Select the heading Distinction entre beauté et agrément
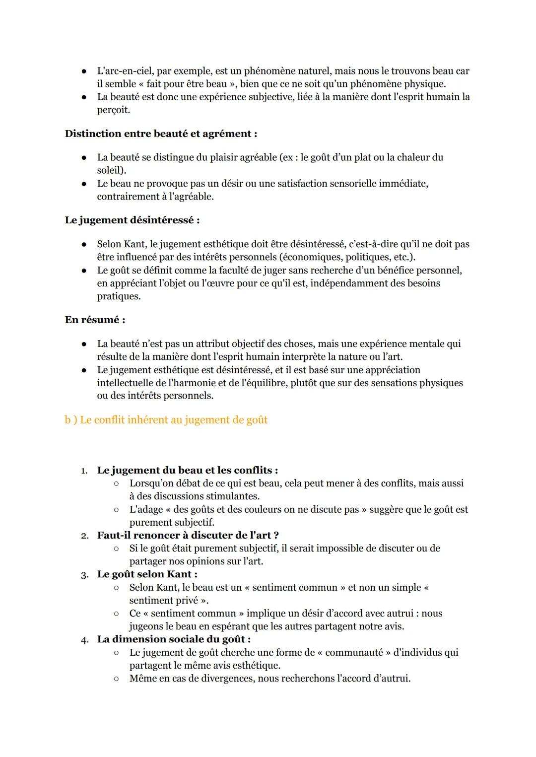click(x=161, y=134)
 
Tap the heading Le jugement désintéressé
click(x=132, y=220)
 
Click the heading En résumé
click(x=95, y=320)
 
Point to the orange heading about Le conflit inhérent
click(x=166, y=420)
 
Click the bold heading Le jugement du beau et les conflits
click(x=187, y=470)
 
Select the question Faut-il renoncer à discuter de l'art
click(x=188, y=535)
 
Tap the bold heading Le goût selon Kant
click(x=147, y=574)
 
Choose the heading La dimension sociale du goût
click(x=174, y=639)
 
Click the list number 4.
click(x=84, y=640)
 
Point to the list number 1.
click(x=84, y=471)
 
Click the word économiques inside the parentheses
click(x=312, y=257)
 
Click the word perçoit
click(x=113, y=110)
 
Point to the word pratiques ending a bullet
click(x=119, y=296)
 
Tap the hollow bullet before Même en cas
click(x=116, y=679)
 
